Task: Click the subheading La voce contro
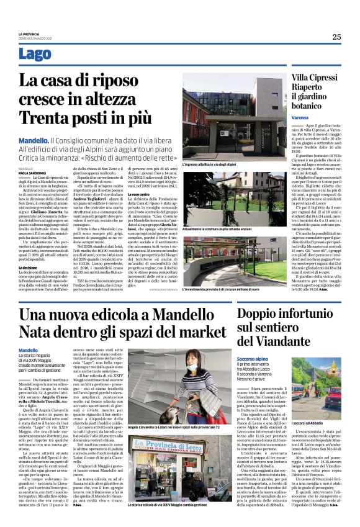pos(139,194)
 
